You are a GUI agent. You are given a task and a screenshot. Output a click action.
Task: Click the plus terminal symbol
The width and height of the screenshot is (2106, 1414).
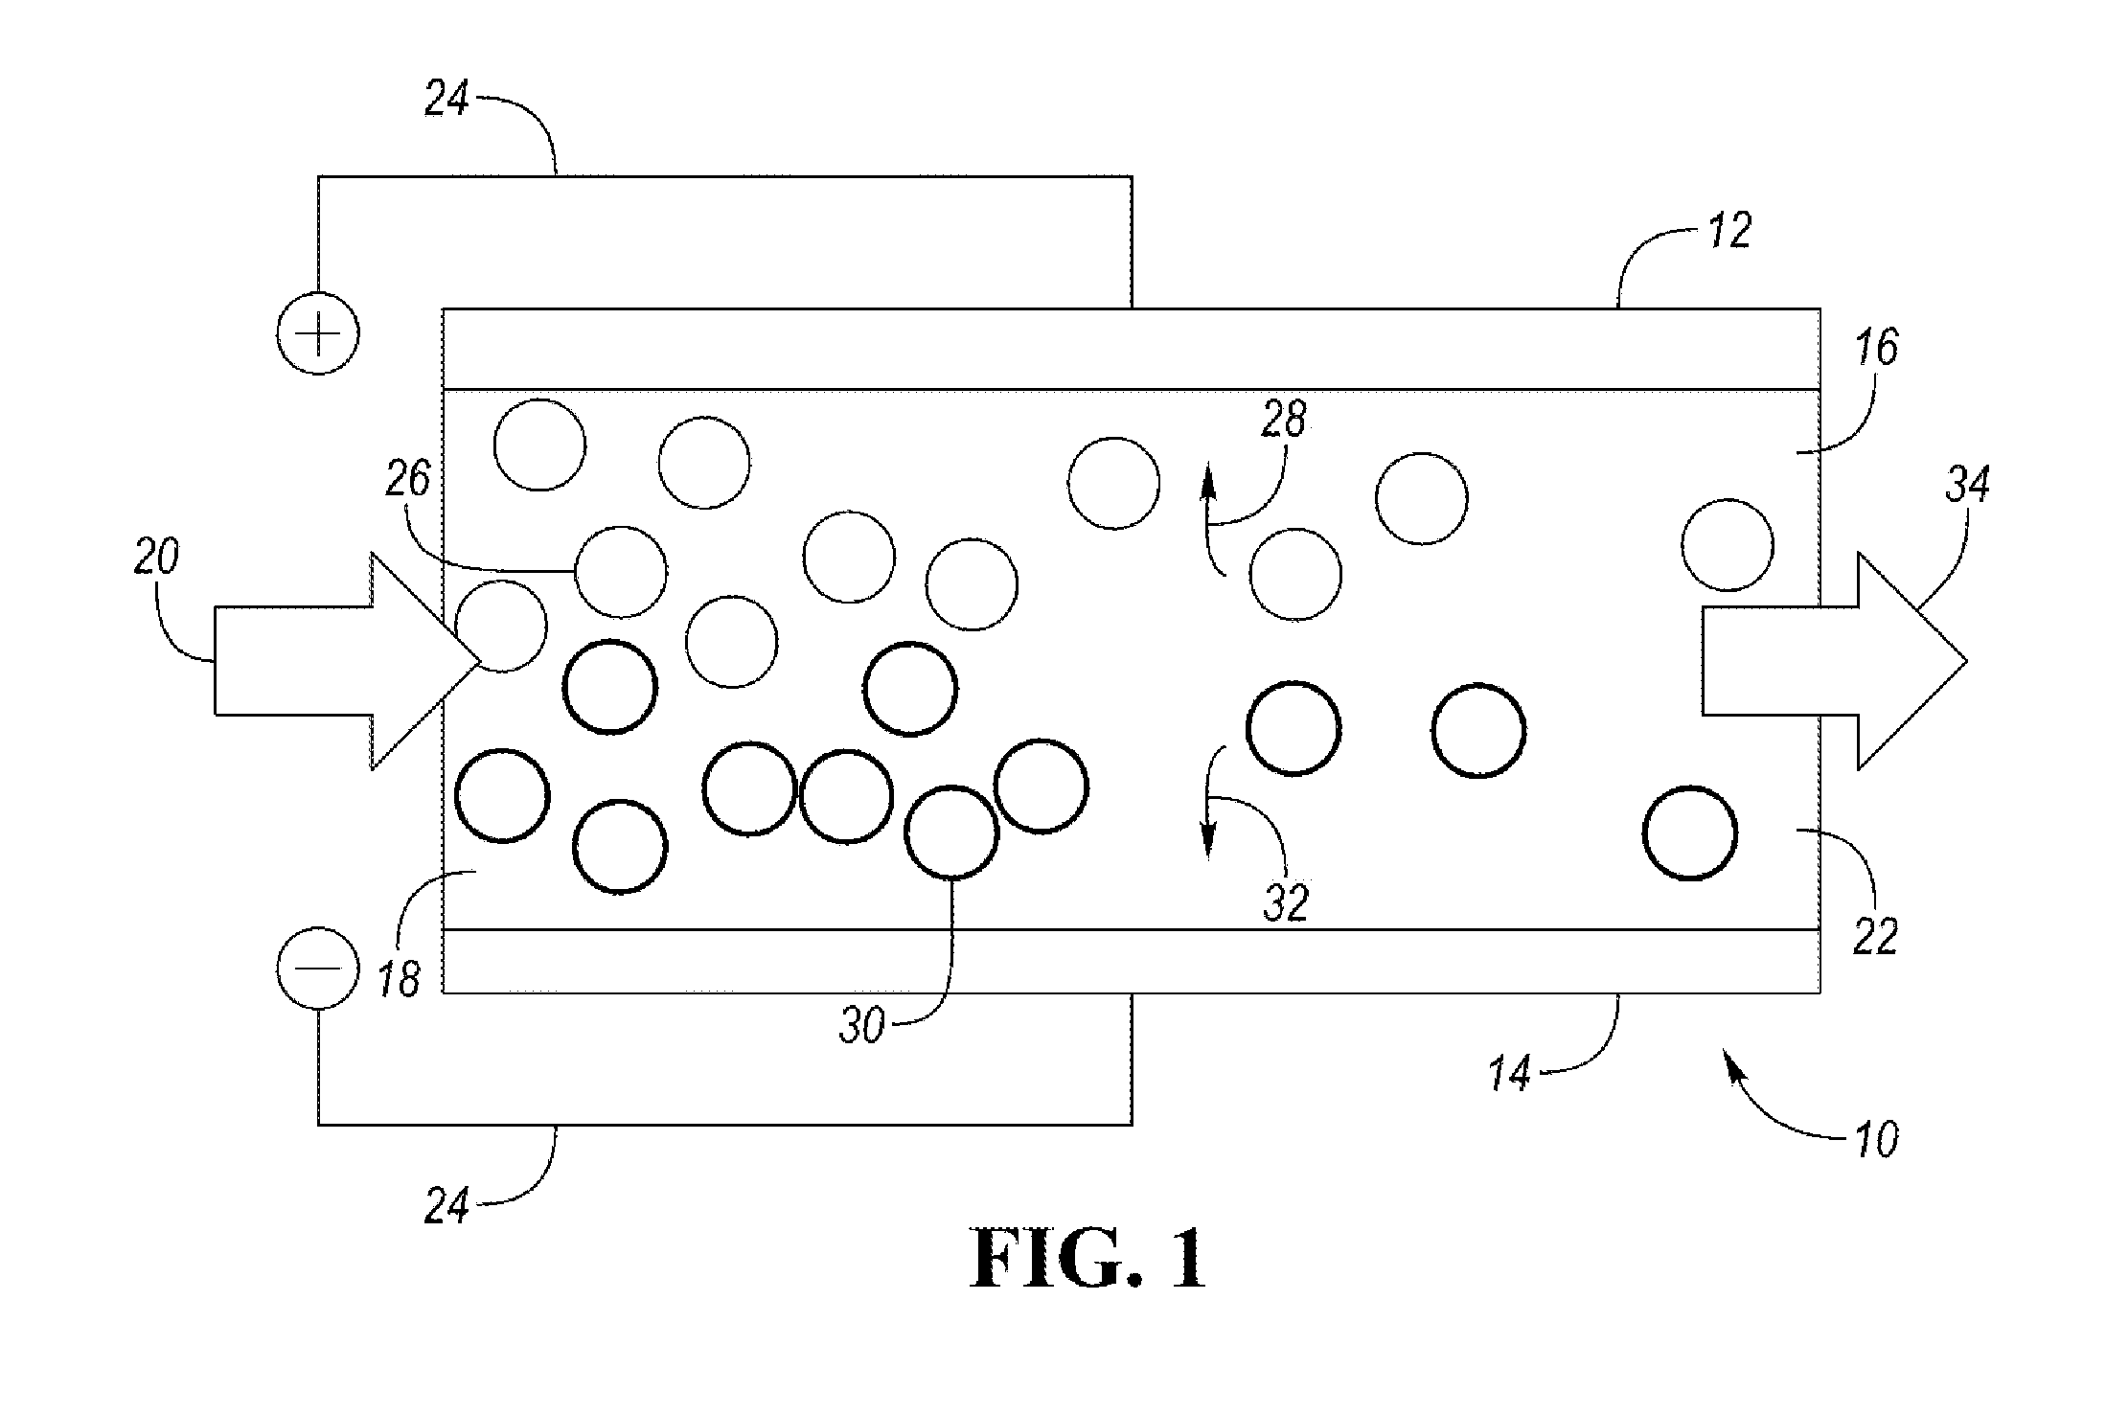point(318,333)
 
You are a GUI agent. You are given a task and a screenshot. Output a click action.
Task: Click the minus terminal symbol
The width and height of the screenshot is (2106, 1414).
point(318,967)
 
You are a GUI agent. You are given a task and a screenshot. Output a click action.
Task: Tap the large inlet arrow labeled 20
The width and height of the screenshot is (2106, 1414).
point(347,660)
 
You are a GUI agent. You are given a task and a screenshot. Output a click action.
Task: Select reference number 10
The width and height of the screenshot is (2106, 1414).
point(1875,1140)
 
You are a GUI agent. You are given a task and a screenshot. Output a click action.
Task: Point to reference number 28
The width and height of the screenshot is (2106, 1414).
point(1284,420)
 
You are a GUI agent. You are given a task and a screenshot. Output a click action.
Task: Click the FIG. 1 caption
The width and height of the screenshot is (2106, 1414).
point(1089,1261)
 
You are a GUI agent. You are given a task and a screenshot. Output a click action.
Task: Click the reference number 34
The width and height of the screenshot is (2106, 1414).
point(1967,486)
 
